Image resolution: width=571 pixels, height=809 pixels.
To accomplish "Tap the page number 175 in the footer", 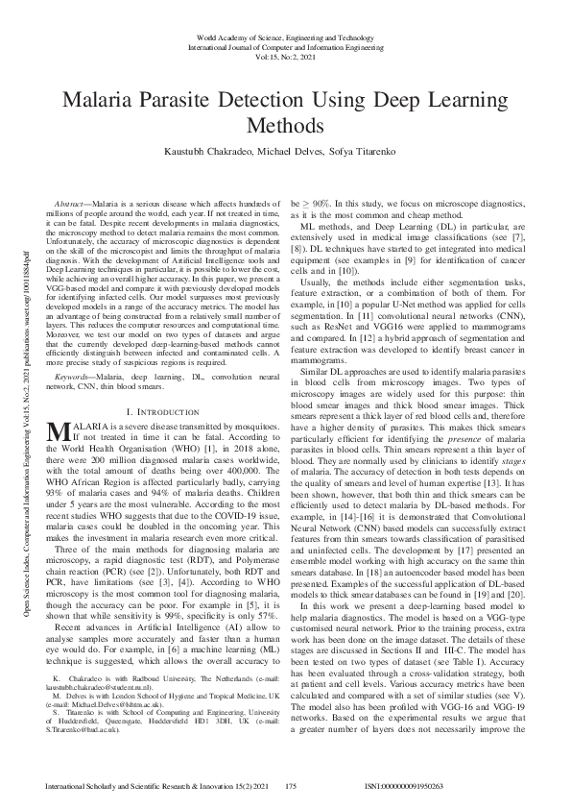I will tap(295, 786).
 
